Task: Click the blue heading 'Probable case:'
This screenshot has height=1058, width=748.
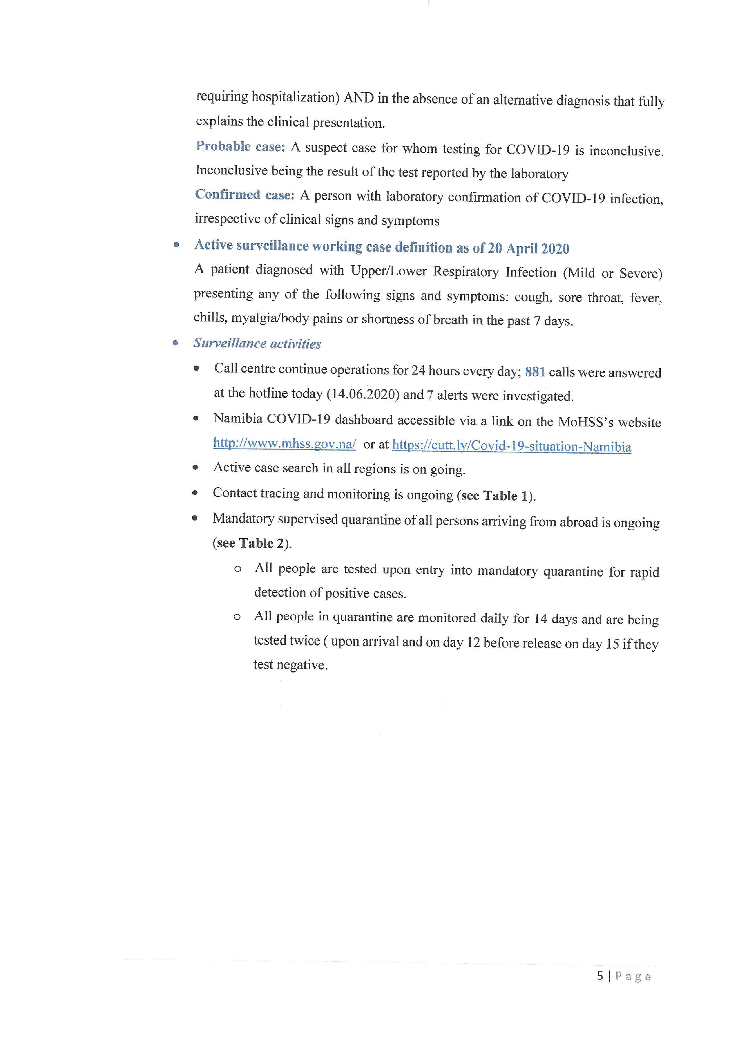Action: coord(240,147)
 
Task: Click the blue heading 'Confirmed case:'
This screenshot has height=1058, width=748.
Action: coord(245,195)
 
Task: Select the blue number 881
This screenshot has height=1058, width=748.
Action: coord(535,372)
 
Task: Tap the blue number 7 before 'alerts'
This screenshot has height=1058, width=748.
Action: coord(430,395)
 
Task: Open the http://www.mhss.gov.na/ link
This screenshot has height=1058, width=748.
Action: coord(284,444)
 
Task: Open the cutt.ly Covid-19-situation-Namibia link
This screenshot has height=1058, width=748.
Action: coord(511,446)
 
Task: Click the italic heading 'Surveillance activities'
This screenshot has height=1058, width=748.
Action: coord(257,343)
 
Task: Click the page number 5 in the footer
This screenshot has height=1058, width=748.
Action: coord(600,976)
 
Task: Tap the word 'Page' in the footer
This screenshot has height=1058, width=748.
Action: coord(633,977)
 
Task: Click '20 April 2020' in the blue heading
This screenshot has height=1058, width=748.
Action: coord(528,249)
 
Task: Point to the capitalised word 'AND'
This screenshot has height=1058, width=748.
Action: coord(358,98)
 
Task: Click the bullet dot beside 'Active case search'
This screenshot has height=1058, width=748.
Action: coord(195,467)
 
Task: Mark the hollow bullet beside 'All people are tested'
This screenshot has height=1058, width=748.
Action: coord(238,569)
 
